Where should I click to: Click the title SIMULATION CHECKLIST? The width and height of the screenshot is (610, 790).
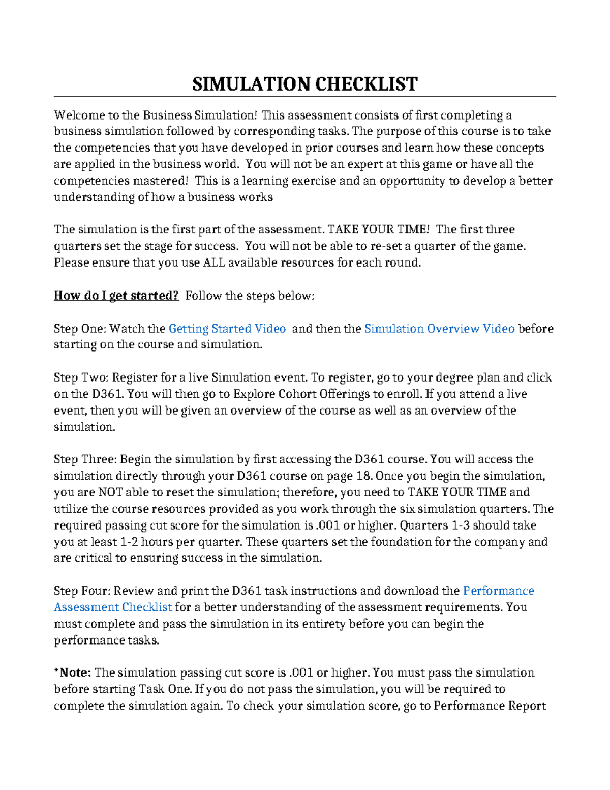(305, 83)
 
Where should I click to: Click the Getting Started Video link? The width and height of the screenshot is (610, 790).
(227, 329)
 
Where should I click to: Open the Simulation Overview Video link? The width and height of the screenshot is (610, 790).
(439, 329)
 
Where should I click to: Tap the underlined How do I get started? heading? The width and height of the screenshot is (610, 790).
(116, 296)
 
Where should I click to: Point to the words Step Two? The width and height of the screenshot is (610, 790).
(81, 377)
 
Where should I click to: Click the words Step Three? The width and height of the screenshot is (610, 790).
(85, 459)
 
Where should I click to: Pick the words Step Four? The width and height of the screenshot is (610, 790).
(82, 591)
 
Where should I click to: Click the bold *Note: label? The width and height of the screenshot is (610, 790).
(73, 672)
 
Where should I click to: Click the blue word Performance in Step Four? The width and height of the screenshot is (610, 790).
(498, 591)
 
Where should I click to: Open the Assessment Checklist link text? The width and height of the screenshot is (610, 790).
(113, 607)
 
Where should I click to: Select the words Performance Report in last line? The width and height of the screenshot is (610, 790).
(490, 706)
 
